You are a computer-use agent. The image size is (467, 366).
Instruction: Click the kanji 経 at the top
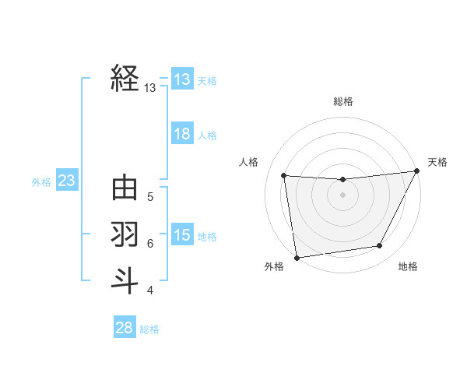[x=125, y=79]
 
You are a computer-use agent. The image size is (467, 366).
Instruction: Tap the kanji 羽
[x=125, y=234]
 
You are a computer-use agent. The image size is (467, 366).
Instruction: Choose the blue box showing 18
[x=182, y=134]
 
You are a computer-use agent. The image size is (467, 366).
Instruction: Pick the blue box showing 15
[x=182, y=235]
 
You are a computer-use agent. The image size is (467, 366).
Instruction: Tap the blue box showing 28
[x=125, y=328]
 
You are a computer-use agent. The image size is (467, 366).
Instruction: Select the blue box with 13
[x=182, y=79]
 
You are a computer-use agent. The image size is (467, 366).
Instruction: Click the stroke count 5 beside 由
[x=150, y=197]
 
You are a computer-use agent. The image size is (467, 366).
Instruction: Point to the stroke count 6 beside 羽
[x=150, y=244]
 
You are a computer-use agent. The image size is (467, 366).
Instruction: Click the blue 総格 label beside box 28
[x=149, y=329]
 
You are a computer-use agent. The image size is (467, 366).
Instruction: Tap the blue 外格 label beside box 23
[x=41, y=182]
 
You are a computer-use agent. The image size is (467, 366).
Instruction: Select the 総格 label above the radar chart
[x=342, y=101]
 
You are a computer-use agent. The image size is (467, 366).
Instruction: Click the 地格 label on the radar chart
[x=408, y=267]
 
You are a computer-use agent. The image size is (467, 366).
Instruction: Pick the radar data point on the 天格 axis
[x=416, y=171]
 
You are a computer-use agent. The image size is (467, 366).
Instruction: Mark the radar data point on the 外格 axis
[x=297, y=257]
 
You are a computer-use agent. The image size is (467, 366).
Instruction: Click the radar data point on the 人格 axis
[x=284, y=175]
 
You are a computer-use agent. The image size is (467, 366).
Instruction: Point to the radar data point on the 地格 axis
[x=380, y=246]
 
